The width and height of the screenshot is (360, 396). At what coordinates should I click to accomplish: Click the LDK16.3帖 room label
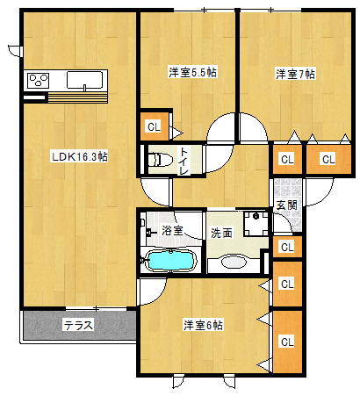(80, 157)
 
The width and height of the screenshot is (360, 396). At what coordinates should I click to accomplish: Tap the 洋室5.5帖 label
(192, 72)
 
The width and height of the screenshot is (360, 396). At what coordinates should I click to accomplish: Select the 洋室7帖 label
(295, 74)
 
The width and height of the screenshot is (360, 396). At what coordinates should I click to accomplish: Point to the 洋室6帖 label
(203, 325)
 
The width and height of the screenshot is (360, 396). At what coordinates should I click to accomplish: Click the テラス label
(78, 325)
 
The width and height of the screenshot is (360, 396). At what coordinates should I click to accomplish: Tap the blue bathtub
(170, 260)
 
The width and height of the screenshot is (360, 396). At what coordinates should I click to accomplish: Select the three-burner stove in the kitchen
(38, 81)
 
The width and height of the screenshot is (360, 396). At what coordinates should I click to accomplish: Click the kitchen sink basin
(84, 80)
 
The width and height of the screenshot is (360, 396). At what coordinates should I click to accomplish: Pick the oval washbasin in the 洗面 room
(233, 262)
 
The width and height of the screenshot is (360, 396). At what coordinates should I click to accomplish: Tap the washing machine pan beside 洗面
(256, 224)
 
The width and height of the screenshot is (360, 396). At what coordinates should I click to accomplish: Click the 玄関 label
(287, 205)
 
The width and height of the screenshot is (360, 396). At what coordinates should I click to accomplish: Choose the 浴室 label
(172, 230)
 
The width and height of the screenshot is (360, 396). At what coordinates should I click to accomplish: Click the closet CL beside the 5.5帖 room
(155, 126)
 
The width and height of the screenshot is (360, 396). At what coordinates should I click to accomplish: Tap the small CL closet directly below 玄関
(287, 247)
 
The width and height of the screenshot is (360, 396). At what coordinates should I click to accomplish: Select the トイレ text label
(184, 162)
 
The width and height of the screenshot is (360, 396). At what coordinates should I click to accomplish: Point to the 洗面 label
(221, 234)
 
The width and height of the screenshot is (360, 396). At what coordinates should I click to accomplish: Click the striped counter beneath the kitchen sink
(77, 97)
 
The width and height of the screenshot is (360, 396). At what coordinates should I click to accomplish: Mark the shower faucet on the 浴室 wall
(149, 234)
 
